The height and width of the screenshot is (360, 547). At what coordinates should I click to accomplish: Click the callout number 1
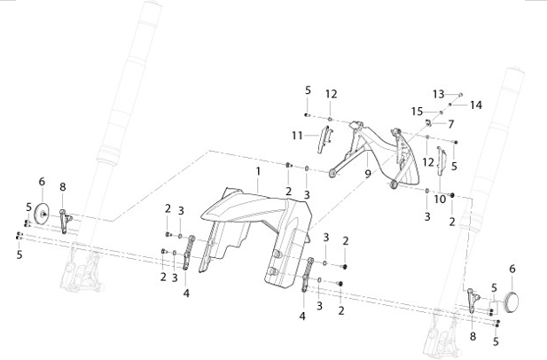pos(258,171)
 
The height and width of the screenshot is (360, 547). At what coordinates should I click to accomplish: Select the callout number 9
pos(368,174)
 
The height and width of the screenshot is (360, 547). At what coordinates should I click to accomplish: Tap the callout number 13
pos(439,94)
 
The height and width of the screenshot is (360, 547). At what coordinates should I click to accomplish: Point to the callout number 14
pos(476,105)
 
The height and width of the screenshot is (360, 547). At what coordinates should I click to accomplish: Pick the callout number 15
pos(417,112)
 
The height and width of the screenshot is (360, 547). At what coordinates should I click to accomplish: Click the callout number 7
pos(450,124)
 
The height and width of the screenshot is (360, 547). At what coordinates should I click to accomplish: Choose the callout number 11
pos(297,135)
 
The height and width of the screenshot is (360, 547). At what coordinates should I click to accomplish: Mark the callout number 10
pos(440,200)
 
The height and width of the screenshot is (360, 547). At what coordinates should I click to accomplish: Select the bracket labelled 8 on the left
pos(65,221)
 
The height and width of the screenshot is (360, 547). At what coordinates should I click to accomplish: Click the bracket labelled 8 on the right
pos(473,301)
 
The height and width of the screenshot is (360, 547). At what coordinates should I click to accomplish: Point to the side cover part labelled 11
pos(324,139)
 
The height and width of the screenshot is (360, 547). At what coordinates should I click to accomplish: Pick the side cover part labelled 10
pos(441,161)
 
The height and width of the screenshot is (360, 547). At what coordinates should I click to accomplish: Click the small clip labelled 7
pos(427,122)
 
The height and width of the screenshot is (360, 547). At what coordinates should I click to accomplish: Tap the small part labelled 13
pos(460,94)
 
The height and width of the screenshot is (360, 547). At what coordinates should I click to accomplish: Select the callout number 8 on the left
pos(62,187)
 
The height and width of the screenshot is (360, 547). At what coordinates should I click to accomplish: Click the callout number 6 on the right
pos(512,269)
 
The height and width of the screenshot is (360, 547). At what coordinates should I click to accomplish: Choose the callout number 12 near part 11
pos(332,94)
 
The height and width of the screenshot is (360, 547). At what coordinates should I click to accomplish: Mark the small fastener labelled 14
pos(450,105)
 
